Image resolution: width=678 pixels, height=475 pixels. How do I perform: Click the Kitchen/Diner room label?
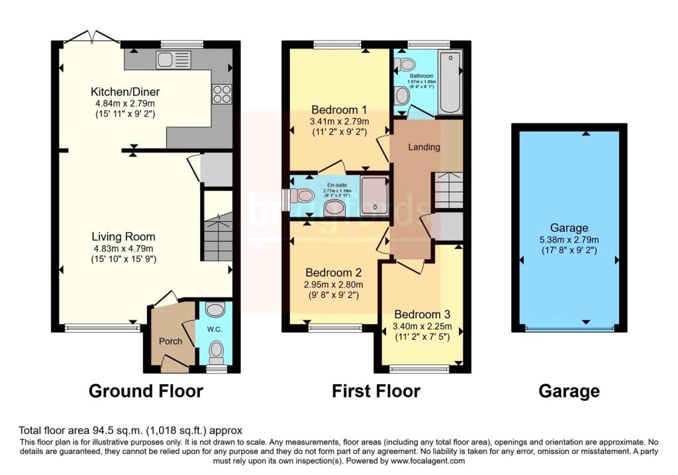coord(125,92)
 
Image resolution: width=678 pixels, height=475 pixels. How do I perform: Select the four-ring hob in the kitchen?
coord(221,93)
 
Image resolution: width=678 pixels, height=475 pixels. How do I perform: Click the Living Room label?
coord(123,237)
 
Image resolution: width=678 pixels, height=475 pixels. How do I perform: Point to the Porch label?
coord(169,341)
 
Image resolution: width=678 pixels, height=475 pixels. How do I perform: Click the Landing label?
coord(424,147)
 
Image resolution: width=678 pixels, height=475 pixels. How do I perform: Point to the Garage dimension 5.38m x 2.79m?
coord(569,240)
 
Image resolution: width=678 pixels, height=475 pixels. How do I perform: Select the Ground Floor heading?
coord(146,391)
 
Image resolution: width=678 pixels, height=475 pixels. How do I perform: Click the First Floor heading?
coord(375,391)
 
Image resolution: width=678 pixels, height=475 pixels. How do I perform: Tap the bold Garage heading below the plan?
coord(569,391)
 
